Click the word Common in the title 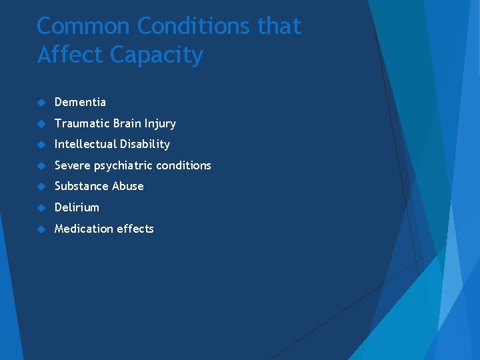point(83,26)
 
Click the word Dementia point(80,102)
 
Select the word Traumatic point(83,123)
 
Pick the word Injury point(160,124)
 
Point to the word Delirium point(77,207)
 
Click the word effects point(135,229)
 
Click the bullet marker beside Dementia point(41,103)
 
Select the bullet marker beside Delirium point(41,208)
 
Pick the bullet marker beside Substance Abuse point(41,187)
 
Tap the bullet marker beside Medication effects point(41,229)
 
